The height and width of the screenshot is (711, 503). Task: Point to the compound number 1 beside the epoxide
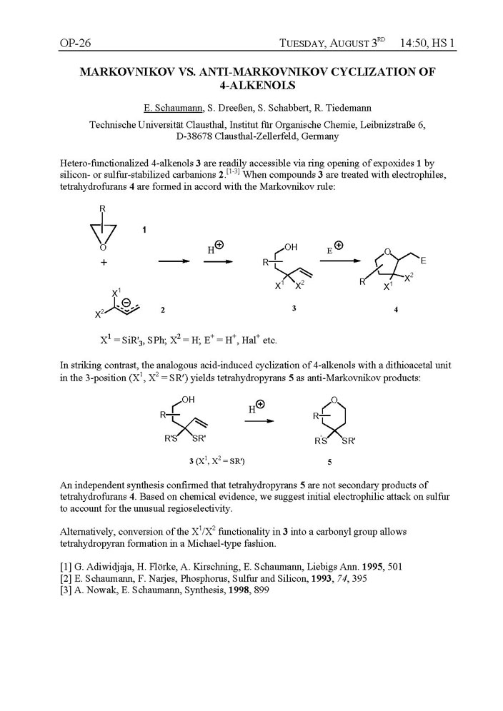coord(145,230)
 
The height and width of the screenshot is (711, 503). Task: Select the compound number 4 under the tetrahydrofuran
coord(397,310)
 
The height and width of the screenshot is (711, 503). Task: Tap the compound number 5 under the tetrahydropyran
coord(329,462)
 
